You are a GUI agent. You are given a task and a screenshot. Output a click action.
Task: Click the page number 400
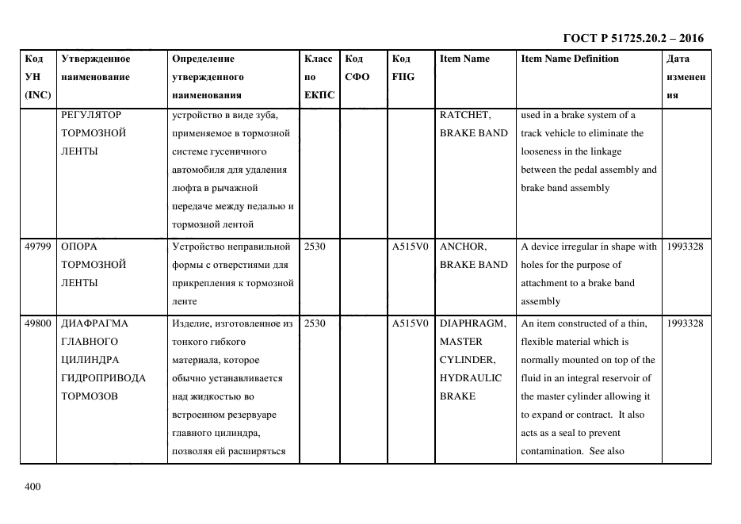tap(32, 487)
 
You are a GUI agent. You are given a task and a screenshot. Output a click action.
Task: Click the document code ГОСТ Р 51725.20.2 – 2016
tap(632, 38)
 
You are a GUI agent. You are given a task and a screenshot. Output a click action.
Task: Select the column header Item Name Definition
tap(570, 59)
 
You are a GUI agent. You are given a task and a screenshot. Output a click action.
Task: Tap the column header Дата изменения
tap(686, 77)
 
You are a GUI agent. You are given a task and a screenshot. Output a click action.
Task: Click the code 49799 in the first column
tap(37, 247)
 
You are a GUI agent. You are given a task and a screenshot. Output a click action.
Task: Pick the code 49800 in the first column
tap(37, 323)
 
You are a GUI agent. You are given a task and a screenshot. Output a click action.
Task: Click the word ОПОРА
tap(79, 247)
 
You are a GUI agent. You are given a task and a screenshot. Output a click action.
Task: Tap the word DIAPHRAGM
tap(472, 323)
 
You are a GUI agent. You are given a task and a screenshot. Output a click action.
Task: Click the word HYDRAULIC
tap(471, 378)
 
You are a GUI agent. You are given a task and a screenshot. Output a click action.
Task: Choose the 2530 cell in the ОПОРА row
tap(315, 247)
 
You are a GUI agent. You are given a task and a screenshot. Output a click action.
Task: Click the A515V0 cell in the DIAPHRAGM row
tap(411, 323)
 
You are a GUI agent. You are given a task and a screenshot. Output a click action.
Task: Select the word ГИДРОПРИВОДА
tap(103, 378)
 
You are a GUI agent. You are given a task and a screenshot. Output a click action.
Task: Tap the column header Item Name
tap(464, 59)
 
